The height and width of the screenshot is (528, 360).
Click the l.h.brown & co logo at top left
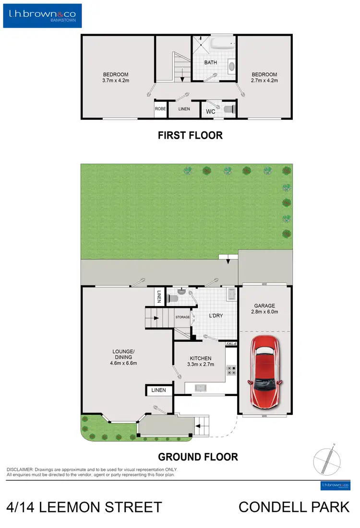click(x=42, y=15)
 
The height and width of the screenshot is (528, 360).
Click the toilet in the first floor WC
click(x=229, y=109)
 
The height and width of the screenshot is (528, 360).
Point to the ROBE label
click(x=160, y=109)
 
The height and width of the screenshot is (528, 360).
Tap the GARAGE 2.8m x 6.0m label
click(x=264, y=308)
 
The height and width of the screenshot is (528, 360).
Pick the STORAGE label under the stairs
click(x=182, y=317)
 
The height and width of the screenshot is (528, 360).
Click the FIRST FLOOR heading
click(x=190, y=136)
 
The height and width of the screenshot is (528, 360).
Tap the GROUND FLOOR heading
click(x=198, y=457)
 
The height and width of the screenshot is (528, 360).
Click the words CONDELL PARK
click(x=294, y=507)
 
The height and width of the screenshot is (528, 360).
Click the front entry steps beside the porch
click(x=202, y=425)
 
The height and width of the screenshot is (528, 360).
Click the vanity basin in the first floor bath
click(x=231, y=67)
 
